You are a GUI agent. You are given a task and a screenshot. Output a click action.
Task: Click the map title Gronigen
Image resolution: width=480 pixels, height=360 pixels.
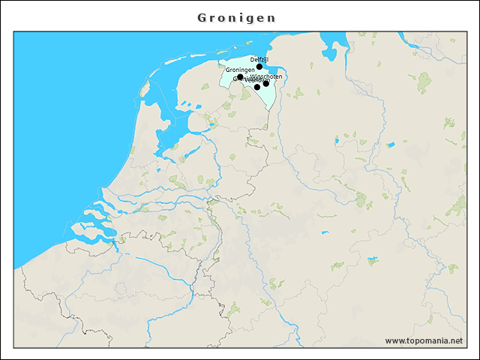pyautogui.click(x=237, y=17)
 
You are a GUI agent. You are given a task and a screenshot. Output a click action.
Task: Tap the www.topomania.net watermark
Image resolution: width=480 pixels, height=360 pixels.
pyautogui.click(x=424, y=341)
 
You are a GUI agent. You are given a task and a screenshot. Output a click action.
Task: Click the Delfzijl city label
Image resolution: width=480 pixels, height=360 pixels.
pyautogui.click(x=259, y=59)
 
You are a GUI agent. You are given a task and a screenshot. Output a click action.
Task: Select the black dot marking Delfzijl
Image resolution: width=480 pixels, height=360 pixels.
pyautogui.click(x=259, y=67)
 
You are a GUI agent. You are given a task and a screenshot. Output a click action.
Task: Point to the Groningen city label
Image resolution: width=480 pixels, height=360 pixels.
pyautogui.click(x=240, y=70)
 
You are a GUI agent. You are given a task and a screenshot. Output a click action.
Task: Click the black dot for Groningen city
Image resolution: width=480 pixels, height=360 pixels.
pyautogui.click(x=240, y=77)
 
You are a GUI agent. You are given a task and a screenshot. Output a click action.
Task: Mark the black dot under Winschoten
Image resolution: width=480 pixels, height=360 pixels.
pyautogui.click(x=266, y=83)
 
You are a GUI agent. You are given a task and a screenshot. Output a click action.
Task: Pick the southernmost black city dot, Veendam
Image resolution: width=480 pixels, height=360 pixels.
pyautogui.click(x=257, y=87)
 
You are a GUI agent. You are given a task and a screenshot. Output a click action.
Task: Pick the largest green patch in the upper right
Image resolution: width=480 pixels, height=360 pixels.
pyautogui.click(x=424, y=80)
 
